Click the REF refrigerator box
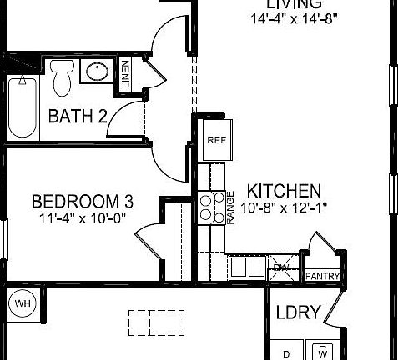[x=214, y=141]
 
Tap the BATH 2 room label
[x=78, y=116]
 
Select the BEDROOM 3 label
[x=83, y=202]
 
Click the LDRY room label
[x=298, y=312]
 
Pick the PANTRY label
[x=320, y=276]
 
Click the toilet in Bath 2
[x=61, y=77]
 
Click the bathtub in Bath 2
[x=23, y=107]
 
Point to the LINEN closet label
[x=125, y=74]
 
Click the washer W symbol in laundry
[x=321, y=352]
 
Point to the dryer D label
[x=286, y=354]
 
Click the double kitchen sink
[x=246, y=267]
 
